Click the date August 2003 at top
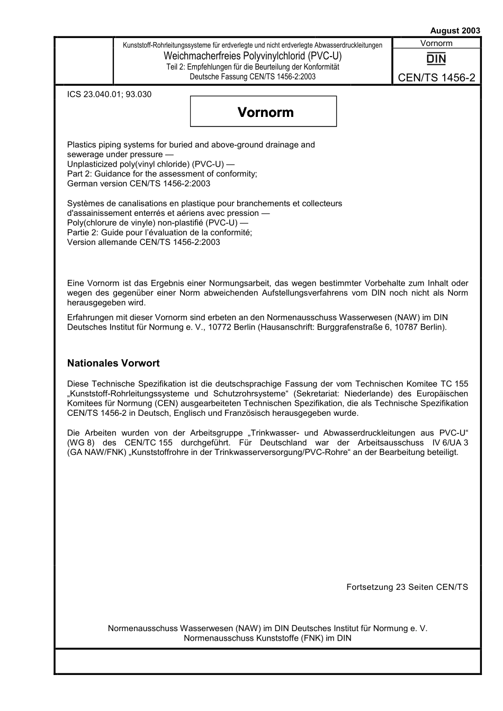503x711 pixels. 455,31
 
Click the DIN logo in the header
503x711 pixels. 436,59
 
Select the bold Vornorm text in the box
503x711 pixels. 265,112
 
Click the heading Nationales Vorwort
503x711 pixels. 113,363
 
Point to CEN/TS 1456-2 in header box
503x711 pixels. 436,78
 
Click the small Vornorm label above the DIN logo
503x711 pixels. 436,43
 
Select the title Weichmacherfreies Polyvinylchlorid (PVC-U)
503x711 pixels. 253,56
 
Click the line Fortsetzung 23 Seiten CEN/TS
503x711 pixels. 407,587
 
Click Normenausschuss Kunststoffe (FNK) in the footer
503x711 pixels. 246,638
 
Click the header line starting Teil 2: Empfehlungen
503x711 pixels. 253,67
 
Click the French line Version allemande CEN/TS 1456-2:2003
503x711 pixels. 143,242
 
